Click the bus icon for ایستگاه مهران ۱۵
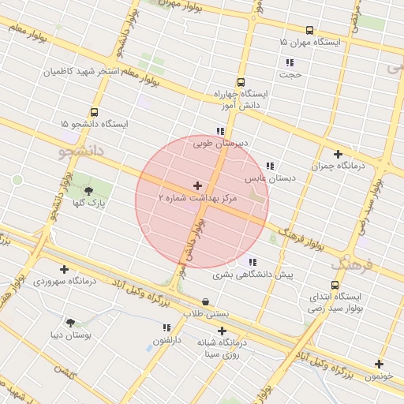pos(309,30)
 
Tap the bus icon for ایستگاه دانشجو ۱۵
pos(95,112)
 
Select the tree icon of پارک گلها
pos(88,190)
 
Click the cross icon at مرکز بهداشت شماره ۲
pos(197,185)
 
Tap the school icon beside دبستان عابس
pos(270,166)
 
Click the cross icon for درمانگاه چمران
pos(339,154)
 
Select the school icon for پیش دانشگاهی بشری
pos(252,262)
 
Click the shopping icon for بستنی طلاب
pos(205,301)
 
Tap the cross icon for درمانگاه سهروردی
pos(65,269)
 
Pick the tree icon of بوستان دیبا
pos(71,322)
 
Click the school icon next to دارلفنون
pos(166,327)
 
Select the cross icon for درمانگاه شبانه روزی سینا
pos(222,331)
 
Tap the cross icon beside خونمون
pos(380,364)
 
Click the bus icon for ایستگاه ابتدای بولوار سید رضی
pos(335,285)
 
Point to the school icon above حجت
pos(290,62)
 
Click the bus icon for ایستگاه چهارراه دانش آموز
pos(241,81)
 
